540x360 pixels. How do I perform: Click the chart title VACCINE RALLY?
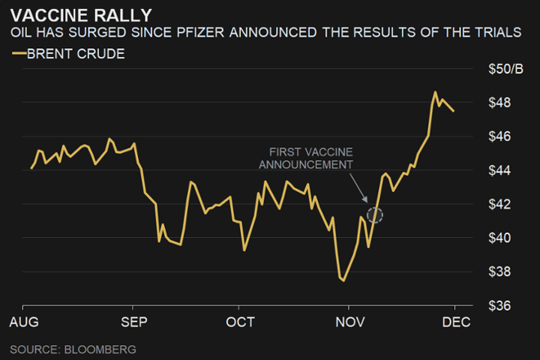tap(81, 15)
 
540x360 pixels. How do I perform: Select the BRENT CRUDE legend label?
tap(75, 54)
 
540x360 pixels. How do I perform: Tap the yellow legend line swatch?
tap(18, 54)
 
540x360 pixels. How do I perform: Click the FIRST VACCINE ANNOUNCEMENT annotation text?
tap(310, 158)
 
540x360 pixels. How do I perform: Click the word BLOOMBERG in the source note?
tap(100, 349)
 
